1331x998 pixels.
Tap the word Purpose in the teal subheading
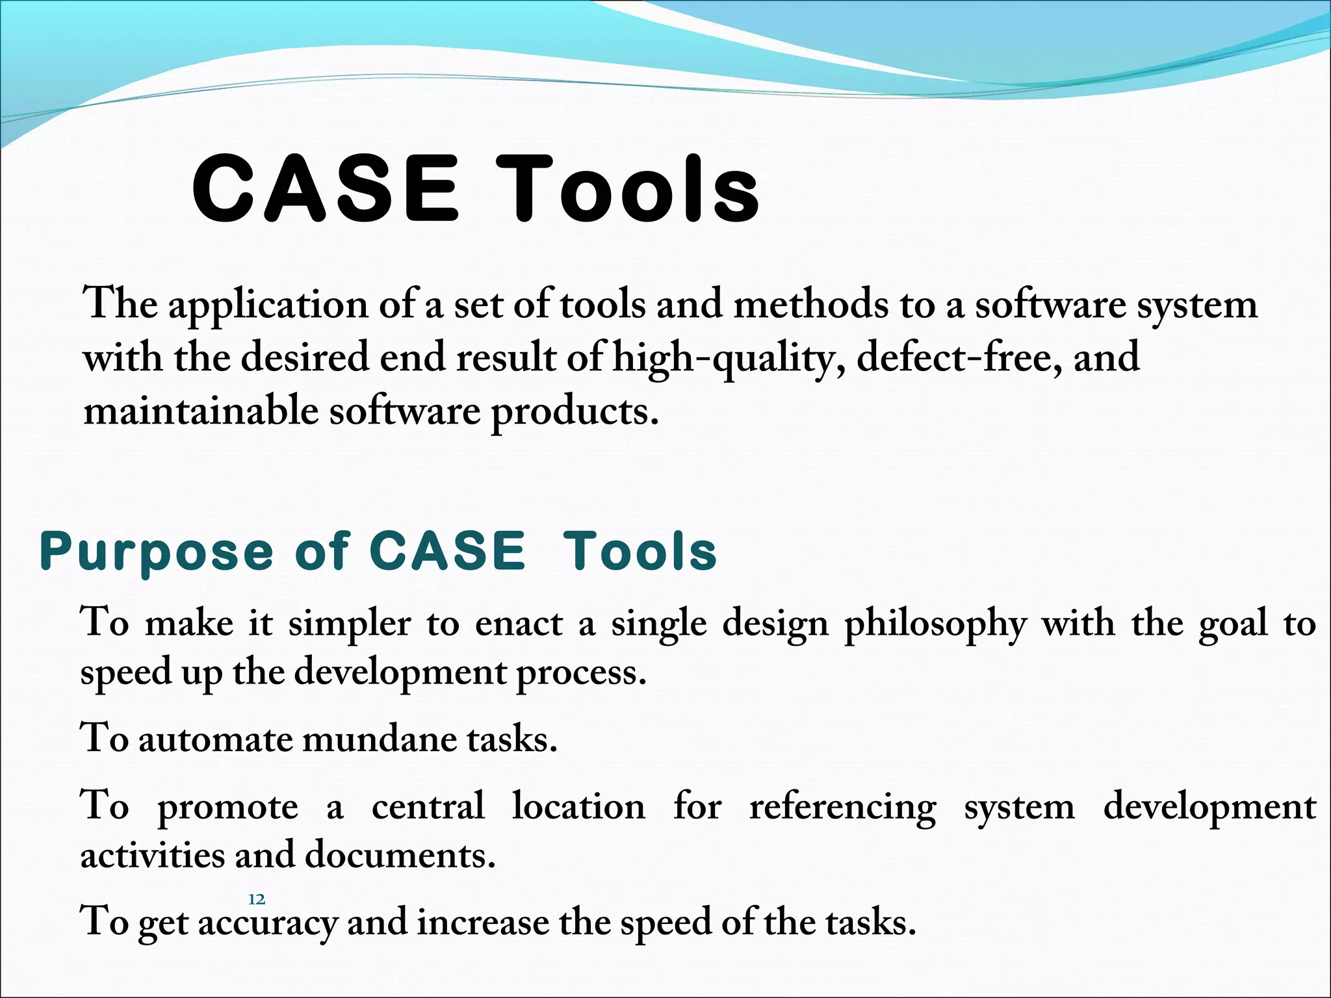[156, 552]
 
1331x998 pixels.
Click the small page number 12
[257, 899]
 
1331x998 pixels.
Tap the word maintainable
[201, 412]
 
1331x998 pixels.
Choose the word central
[428, 807]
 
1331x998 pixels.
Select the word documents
[400, 855]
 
